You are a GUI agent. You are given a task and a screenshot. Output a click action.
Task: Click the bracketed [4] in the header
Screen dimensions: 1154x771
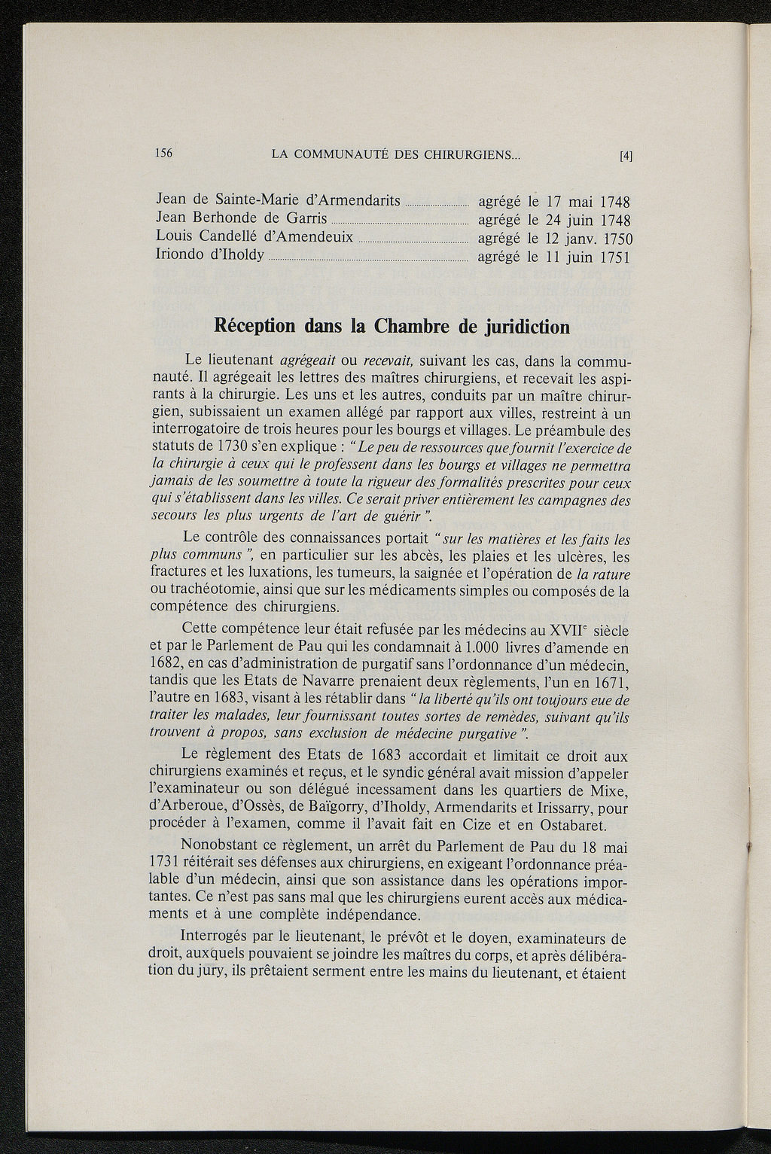pyautogui.click(x=625, y=157)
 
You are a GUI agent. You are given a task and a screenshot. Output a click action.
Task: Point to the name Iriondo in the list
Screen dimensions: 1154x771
pyautogui.click(x=179, y=254)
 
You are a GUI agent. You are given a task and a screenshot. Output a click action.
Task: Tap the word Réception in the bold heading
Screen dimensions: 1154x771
pyautogui.click(x=258, y=327)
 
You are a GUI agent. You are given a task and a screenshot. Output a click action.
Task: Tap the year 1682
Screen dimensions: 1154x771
pyautogui.click(x=166, y=665)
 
